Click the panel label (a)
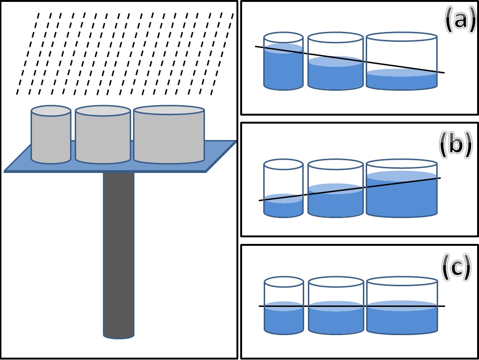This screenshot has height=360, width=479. pyautogui.click(x=460, y=22)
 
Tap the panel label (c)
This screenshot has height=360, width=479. pyautogui.click(x=456, y=267)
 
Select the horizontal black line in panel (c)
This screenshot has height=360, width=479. pyautogui.click(x=352, y=306)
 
